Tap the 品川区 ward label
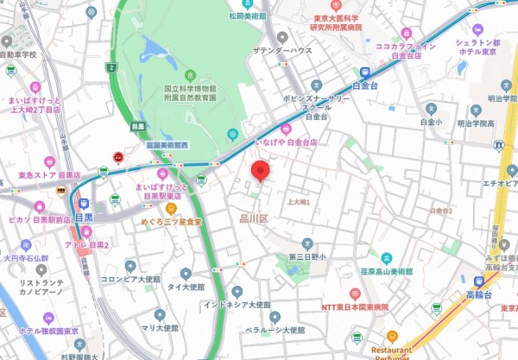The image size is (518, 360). (255, 220)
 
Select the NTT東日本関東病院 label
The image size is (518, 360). (355, 307)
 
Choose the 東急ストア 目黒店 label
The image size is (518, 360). (50, 174)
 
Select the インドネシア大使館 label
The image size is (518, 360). (237, 305)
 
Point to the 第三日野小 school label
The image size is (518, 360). (306, 257)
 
